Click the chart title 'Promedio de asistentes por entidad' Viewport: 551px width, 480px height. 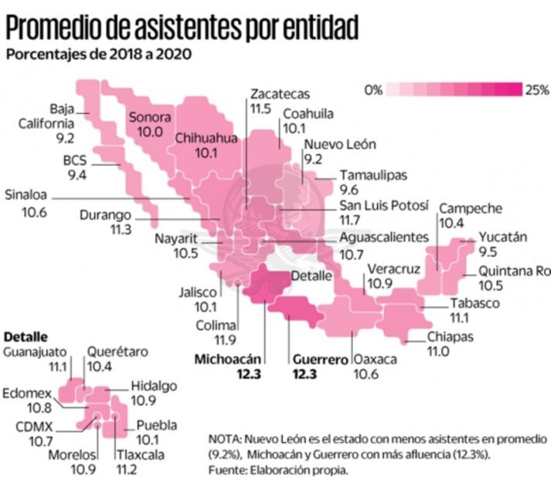point(182,28)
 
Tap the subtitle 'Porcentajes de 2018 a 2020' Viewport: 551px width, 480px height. point(99,54)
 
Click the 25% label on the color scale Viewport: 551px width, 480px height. point(536,90)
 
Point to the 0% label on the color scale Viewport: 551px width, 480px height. point(374,90)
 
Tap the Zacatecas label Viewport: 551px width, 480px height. point(279,94)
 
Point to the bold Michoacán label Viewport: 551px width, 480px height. point(229,359)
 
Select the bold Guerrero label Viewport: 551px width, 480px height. point(320,360)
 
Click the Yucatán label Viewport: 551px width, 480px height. point(502,238)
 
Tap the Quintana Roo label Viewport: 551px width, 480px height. point(514,271)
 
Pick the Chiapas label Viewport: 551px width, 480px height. point(450,337)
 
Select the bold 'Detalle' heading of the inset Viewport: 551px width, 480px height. point(26,338)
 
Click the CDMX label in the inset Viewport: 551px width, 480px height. point(34,425)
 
